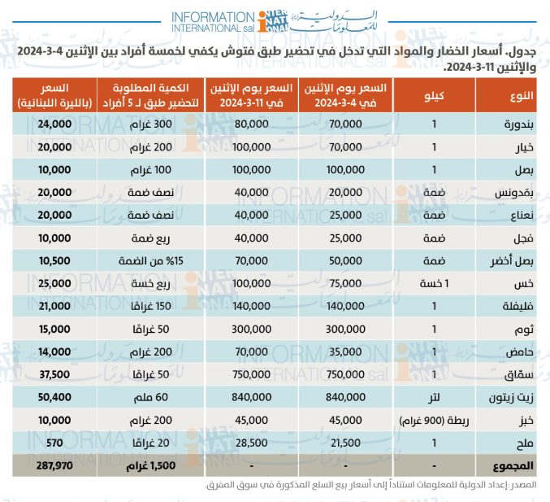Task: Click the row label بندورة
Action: coord(518,124)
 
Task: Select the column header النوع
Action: coord(522,95)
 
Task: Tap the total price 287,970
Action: coord(54,465)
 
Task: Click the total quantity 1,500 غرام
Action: coord(151,466)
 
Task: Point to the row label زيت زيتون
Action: coord(511,397)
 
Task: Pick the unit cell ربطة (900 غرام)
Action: coord(434,421)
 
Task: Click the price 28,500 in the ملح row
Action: coord(252,443)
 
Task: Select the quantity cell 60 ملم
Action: coord(151,397)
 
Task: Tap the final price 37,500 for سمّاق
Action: coord(54,374)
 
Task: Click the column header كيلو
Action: coord(434,95)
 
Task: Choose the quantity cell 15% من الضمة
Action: coord(151,261)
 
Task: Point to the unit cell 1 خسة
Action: coord(434,283)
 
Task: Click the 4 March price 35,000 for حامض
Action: coord(345,351)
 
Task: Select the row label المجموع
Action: coord(513,466)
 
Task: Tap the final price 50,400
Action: coord(54,397)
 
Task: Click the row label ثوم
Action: coord(524,330)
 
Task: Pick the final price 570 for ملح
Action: coord(54,443)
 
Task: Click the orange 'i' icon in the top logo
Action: coord(262,22)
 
